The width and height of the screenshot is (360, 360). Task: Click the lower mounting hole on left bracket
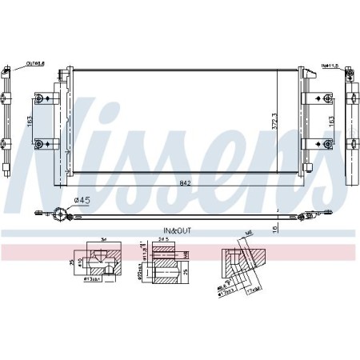click(38, 144)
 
